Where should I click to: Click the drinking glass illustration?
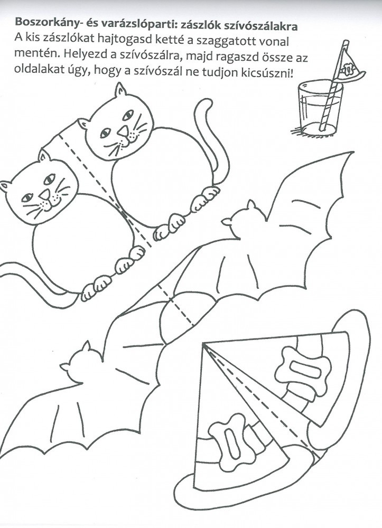pyautogui.click(x=320, y=107)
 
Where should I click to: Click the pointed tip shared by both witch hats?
pyautogui.click(x=203, y=344)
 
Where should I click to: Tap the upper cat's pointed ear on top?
pyautogui.click(x=120, y=90)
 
